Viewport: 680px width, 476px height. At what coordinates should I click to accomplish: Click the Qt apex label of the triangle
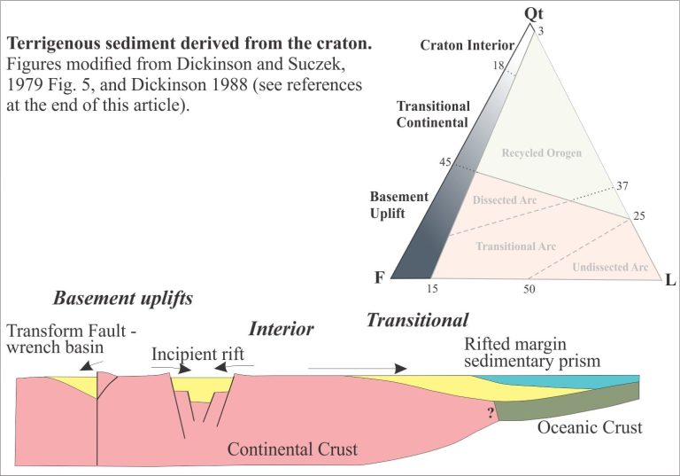(x=533, y=14)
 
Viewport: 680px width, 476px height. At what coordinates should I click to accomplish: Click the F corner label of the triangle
(x=380, y=277)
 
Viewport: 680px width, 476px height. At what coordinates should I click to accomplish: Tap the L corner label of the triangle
(x=670, y=280)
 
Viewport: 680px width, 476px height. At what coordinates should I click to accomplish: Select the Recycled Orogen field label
(x=542, y=152)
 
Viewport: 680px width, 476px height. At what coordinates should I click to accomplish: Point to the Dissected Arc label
(x=505, y=200)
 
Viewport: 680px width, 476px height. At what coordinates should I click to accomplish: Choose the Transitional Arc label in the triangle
(x=515, y=246)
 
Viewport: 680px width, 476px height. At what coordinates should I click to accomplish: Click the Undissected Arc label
(x=610, y=267)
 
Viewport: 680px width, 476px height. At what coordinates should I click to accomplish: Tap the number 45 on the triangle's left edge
(x=445, y=162)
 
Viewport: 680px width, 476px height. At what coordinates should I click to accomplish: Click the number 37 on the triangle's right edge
(x=622, y=186)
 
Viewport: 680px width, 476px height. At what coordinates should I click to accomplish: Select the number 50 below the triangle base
(x=529, y=289)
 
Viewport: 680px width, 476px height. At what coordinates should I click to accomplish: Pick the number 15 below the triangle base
(x=432, y=289)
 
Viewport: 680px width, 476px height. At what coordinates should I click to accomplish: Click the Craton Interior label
(x=467, y=45)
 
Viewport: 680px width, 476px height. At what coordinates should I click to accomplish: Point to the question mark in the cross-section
(x=491, y=412)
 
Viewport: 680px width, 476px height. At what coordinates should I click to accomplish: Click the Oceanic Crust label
(x=590, y=427)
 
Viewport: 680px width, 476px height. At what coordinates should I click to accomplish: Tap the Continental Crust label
(x=292, y=449)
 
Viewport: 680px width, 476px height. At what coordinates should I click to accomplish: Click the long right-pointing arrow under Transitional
(x=358, y=369)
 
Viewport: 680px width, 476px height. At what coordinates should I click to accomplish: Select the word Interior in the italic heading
(x=281, y=329)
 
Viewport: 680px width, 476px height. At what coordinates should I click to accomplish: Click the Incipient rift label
(x=197, y=355)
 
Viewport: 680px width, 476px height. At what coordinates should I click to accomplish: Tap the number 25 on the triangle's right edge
(x=639, y=216)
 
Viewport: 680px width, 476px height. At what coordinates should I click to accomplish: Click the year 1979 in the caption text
(x=23, y=85)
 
